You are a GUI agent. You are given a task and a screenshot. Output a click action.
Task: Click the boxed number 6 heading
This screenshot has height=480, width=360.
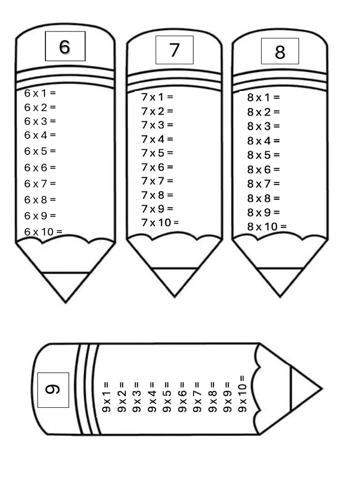click(x=65, y=46)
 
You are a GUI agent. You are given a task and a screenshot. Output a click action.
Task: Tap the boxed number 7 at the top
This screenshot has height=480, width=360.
click(x=174, y=50)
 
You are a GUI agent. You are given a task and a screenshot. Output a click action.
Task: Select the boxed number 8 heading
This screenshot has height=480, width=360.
click(x=280, y=52)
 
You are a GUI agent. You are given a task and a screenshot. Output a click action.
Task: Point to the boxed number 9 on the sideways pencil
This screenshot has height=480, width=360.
click(x=53, y=390)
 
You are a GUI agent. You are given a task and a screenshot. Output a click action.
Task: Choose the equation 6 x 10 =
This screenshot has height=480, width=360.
click(x=43, y=232)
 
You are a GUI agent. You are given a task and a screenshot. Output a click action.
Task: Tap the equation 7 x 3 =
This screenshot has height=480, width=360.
click(x=157, y=125)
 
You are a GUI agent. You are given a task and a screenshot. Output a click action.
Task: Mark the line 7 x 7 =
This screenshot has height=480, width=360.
click(x=157, y=180)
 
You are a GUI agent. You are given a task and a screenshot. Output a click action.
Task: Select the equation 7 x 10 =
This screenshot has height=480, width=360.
click(x=160, y=222)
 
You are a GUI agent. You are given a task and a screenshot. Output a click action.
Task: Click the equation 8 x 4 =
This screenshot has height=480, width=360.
click(x=263, y=141)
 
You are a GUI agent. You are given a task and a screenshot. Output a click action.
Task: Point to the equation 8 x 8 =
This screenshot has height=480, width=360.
click(x=263, y=198)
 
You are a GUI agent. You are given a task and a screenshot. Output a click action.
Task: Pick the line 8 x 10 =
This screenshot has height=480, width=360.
click(x=267, y=227)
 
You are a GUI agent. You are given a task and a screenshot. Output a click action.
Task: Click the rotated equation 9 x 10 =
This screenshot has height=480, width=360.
click(x=242, y=394)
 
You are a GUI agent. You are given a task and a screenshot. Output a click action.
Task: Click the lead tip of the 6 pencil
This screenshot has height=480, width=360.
click(x=65, y=286)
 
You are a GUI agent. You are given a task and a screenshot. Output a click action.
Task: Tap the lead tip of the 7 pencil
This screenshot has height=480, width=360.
click(x=174, y=282)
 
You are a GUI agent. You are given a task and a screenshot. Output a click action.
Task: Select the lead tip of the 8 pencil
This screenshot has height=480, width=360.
click(x=280, y=282)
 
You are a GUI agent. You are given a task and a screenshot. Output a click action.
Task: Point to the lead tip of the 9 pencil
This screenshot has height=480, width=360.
click(x=305, y=389)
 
